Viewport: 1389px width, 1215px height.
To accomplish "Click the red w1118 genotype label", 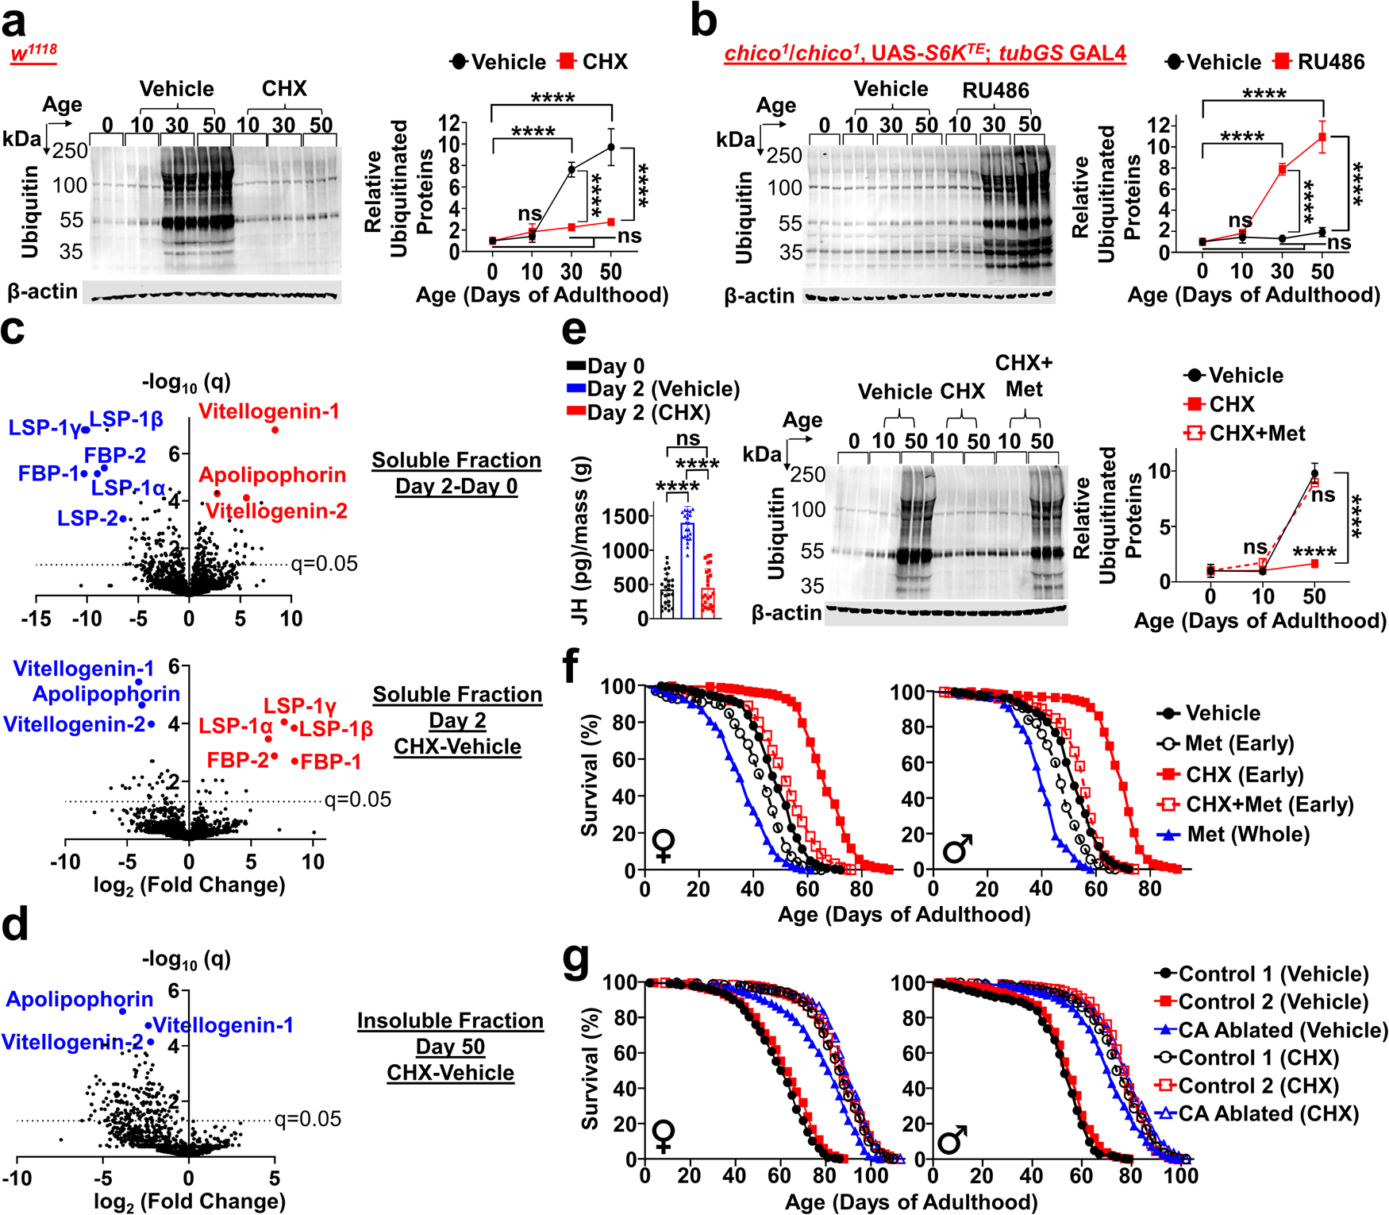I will (x=33, y=52).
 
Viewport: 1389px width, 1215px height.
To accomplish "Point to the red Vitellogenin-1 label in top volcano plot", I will (x=268, y=411).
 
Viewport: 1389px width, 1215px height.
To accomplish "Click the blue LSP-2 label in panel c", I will (x=87, y=519).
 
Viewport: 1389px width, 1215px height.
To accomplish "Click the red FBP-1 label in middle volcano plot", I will (x=330, y=762).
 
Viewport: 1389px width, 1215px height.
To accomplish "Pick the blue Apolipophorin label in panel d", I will (x=79, y=999).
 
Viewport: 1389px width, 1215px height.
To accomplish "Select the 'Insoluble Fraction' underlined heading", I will (x=450, y=1020).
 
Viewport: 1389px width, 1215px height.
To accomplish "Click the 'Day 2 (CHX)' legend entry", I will (x=639, y=412).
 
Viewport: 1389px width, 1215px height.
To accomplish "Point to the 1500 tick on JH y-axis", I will (x=626, y=516).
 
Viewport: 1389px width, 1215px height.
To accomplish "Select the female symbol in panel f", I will (x=664, y=847).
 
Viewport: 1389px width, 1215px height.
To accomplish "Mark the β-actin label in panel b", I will (x=759, y=296).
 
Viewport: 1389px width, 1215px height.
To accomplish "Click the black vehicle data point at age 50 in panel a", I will (x=611, y=147).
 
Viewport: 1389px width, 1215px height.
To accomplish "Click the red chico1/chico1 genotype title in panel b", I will (x=925, y=53).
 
